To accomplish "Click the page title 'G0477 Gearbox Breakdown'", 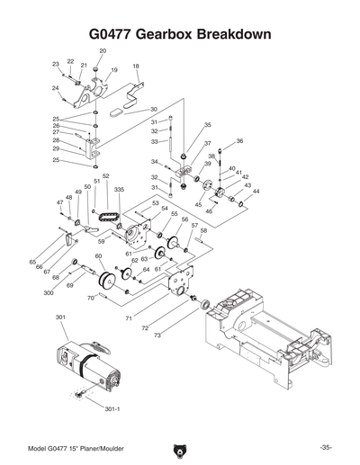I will (x=180, y=33).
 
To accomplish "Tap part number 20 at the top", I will (x=103, y=51).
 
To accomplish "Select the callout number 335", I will (x=119, y=191).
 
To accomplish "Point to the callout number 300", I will (x=48, y=292).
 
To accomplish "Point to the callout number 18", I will (x=136, y=67).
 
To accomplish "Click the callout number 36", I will (x=239, y=141).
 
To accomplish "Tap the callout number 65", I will (x=32, y=262).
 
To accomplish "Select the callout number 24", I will (x=55, y=87).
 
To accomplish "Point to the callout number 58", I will (x=203, y=230).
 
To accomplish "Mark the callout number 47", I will (x=60, y=202).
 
